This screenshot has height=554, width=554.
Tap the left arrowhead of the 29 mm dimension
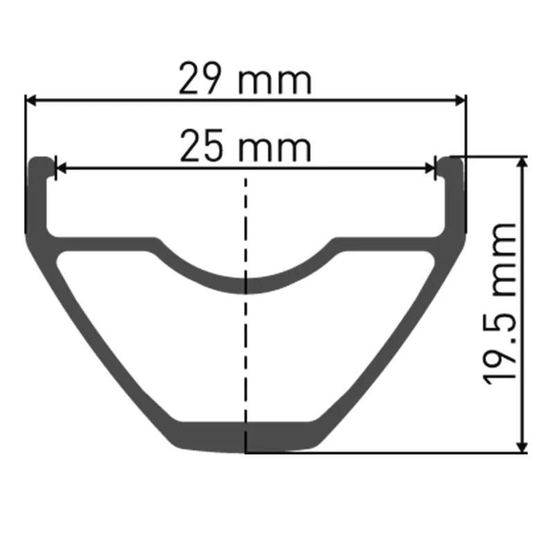tap(31, 100)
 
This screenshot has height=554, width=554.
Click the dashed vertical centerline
tap(245, 346)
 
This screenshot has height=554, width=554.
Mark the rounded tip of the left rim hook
tap(41, 162)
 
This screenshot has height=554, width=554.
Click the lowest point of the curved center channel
tap(245, 285)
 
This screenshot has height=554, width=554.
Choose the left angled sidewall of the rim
tap(104, 346)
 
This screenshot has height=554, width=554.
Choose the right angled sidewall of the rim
tap(388, 346)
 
